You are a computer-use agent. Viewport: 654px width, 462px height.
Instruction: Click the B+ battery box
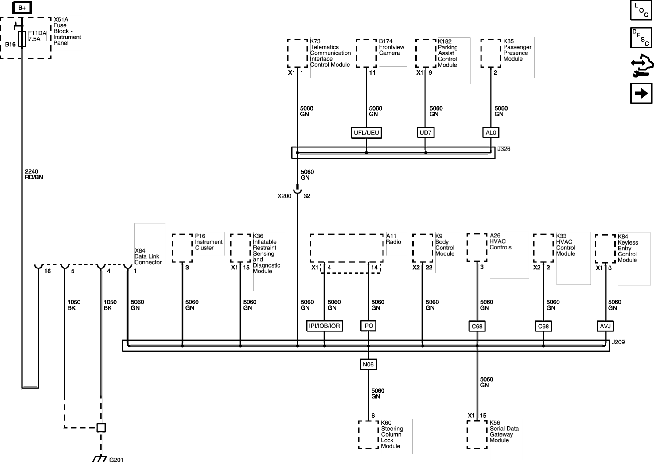pyautogui.click(x=22, y=8)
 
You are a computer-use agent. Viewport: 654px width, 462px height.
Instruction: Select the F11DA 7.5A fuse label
pyautogui.click(x=37, y=36)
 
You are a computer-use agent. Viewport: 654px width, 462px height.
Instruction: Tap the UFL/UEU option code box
pyautogui.click(x=366, y=133)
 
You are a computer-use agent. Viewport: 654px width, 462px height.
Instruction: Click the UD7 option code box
pyautogui.click(x=425, y=133)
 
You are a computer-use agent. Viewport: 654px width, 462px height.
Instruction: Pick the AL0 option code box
pyautogui.click(x=490, y=133)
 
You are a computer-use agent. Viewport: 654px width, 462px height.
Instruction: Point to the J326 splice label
pyautogui.click(x=504, y=149)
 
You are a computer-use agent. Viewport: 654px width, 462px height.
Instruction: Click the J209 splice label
pyautogui.click(x=618, y=342)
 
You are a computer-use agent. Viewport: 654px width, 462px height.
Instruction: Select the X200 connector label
pyautogui.click(x=284, y=196)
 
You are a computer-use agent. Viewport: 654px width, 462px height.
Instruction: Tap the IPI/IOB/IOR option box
pyautogui.click(x=325, y=326)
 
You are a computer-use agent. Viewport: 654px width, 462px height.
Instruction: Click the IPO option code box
pyautogui.click(x=368, y=326)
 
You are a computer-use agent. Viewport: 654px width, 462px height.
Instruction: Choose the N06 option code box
pyautogui.click(x=368, y=364)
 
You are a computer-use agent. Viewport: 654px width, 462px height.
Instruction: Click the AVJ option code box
pyautogui.click(x=605, y=326)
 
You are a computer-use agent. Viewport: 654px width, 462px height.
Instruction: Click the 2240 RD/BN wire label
pyautogui.click(x=34, y=174)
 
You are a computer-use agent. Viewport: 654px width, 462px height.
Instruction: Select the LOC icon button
pyautogui.click(x=641, y=10)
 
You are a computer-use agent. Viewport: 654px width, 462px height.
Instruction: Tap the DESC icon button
pyautogui.click(x=641, y=37)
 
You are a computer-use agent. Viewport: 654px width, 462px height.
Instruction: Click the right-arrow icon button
pyautogui.click(x=641, y=93)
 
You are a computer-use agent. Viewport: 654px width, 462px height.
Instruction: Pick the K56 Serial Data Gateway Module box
pyautogui.click(x=477, y=435)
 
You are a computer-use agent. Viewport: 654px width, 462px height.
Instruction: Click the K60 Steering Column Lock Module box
pyautogui.click(x=368, y=435)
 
